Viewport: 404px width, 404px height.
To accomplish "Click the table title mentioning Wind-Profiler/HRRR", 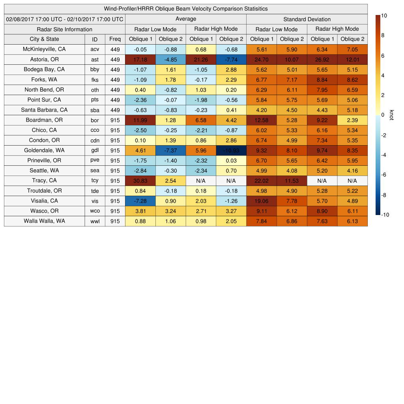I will click(x=186, y=9).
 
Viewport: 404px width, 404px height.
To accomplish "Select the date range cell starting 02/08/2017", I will click(x=65, y=19).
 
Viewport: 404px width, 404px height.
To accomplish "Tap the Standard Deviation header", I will click(x=307, y=19).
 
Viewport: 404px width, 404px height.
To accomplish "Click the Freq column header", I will click(x=115, y=39).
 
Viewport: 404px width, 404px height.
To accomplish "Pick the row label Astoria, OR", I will click(x=44, y=60).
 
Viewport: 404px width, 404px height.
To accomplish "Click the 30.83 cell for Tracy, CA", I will click(x=140, y=181).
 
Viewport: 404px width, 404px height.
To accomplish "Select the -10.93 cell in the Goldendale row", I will click(x=231, y=150).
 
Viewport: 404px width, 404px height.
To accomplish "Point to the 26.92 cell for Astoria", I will click(x=322, y=60).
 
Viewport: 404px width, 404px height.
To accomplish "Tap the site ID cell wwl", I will click(x=95, y=221).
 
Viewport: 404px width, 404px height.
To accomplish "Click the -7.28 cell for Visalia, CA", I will click(x=140, y=201).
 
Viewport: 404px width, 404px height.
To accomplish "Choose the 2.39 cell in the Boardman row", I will click(x=352, y=120).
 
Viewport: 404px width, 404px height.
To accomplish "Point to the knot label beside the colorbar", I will click(x=391, y=115).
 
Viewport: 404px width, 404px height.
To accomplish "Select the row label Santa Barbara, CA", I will click(x=44, y=110).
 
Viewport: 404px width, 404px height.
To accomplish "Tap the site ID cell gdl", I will click(x=95, y=150).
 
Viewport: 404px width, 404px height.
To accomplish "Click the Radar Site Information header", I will click(x=65, y=29).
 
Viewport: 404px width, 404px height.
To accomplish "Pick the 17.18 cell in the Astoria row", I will click(x=140, y=60).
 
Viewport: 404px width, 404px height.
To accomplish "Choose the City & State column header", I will click(x=44, y=39).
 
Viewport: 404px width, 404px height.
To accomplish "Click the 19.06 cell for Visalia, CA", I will click(x=261, y=201).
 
